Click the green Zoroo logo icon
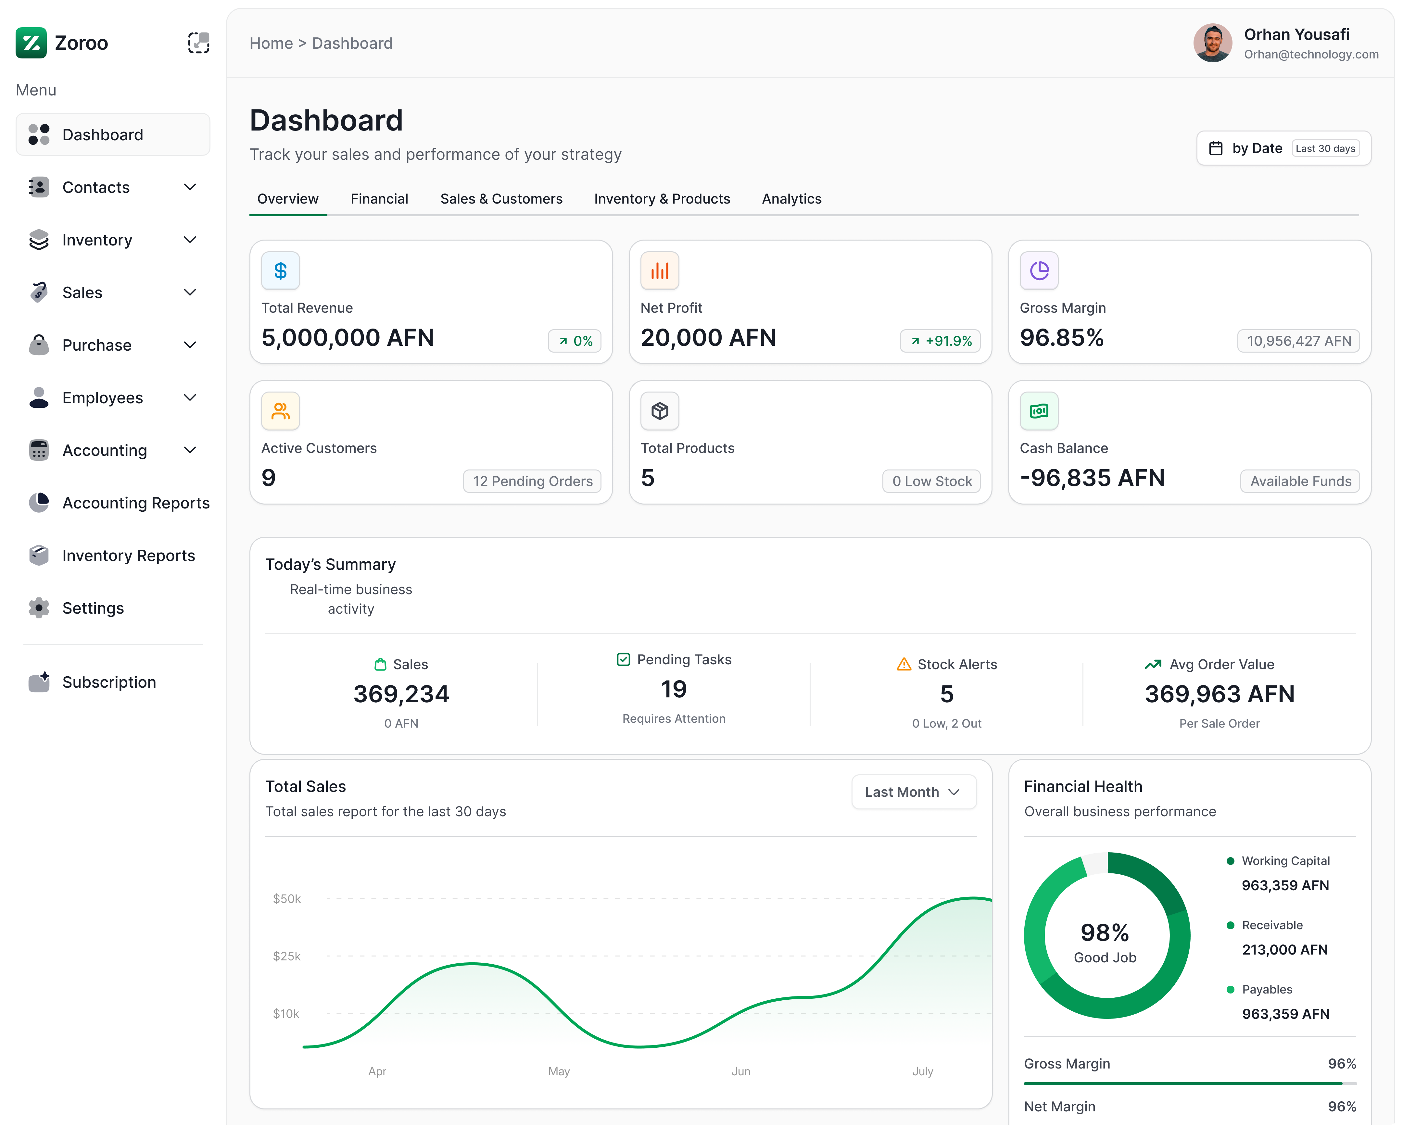pos(31,43)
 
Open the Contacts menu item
pos(96,187)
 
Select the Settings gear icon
pos(39,608)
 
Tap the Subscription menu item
pos(109,682)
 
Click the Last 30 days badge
pos(1325,148)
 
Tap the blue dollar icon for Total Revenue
pos(281,271)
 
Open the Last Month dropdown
pos(913,792)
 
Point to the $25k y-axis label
pos(286,956)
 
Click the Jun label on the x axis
pos(740,1071)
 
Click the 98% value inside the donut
pos(1104,932)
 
